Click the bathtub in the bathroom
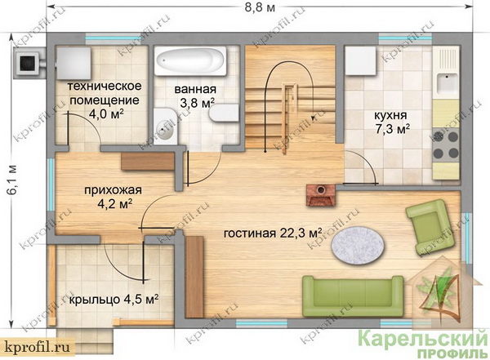(190, 61)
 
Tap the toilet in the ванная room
(224, 113)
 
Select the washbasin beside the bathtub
(165, 127)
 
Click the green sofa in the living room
(353, 296)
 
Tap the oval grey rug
(357, 244)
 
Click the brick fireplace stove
(321, 195)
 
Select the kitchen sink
(448, 82)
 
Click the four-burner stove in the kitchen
(446, 144)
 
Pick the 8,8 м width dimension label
(260, 8)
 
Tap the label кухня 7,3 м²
(391, 122)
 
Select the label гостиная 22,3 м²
(273, 233)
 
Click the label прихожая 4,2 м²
(114, 197)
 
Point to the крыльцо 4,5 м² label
(114, 300)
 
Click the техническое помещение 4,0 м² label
(105, 100)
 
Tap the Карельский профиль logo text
(422, 344)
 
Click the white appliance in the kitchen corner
(360, 60)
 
